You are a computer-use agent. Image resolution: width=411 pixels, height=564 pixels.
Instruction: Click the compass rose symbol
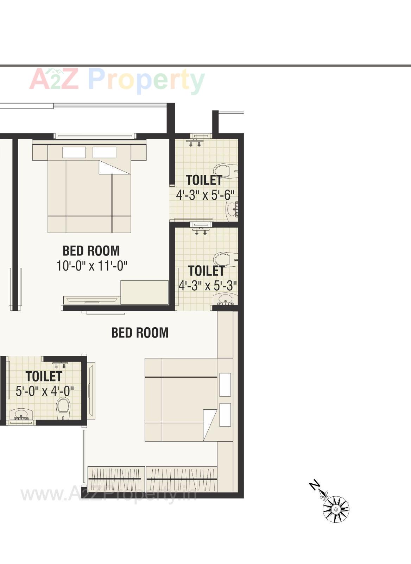(x=336, y=509)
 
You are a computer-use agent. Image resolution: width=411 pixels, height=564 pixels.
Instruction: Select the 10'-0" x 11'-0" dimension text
(x=91, y=266)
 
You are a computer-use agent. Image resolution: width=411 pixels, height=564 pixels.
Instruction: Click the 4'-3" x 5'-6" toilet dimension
(x=205, y=194)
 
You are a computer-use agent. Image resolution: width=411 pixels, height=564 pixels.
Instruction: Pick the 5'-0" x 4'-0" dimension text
(x=45, y=391)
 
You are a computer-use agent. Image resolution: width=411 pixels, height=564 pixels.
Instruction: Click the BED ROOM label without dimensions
(x=140, y=333)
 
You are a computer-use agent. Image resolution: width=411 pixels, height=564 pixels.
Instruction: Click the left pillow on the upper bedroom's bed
(x=74, y=152)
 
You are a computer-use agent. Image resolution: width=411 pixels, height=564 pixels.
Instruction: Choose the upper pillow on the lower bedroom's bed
(x=225, y=384)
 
